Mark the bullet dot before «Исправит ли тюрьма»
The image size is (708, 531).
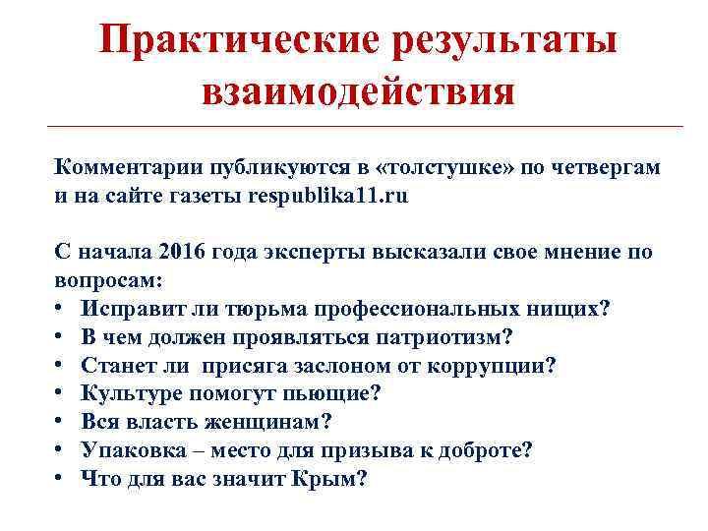point(61,309)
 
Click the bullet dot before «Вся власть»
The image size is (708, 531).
point(61,423)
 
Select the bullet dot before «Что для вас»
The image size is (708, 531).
point(61,480)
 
